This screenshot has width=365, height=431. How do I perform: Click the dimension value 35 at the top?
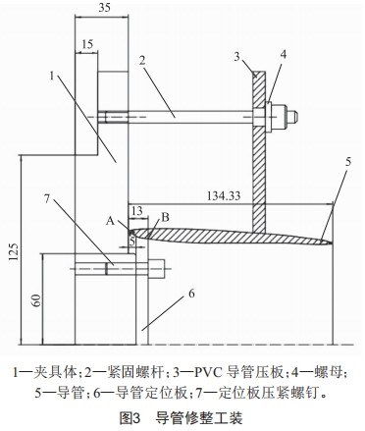pyautogui.click(x=106, y=9)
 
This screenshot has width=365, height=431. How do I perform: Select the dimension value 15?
pyautogui.click(x=87, y=45)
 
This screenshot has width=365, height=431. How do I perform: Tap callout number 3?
pyautogui.click(x=235, y=58)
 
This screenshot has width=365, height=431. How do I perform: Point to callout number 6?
pyautogui.click(x=191, y=294)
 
